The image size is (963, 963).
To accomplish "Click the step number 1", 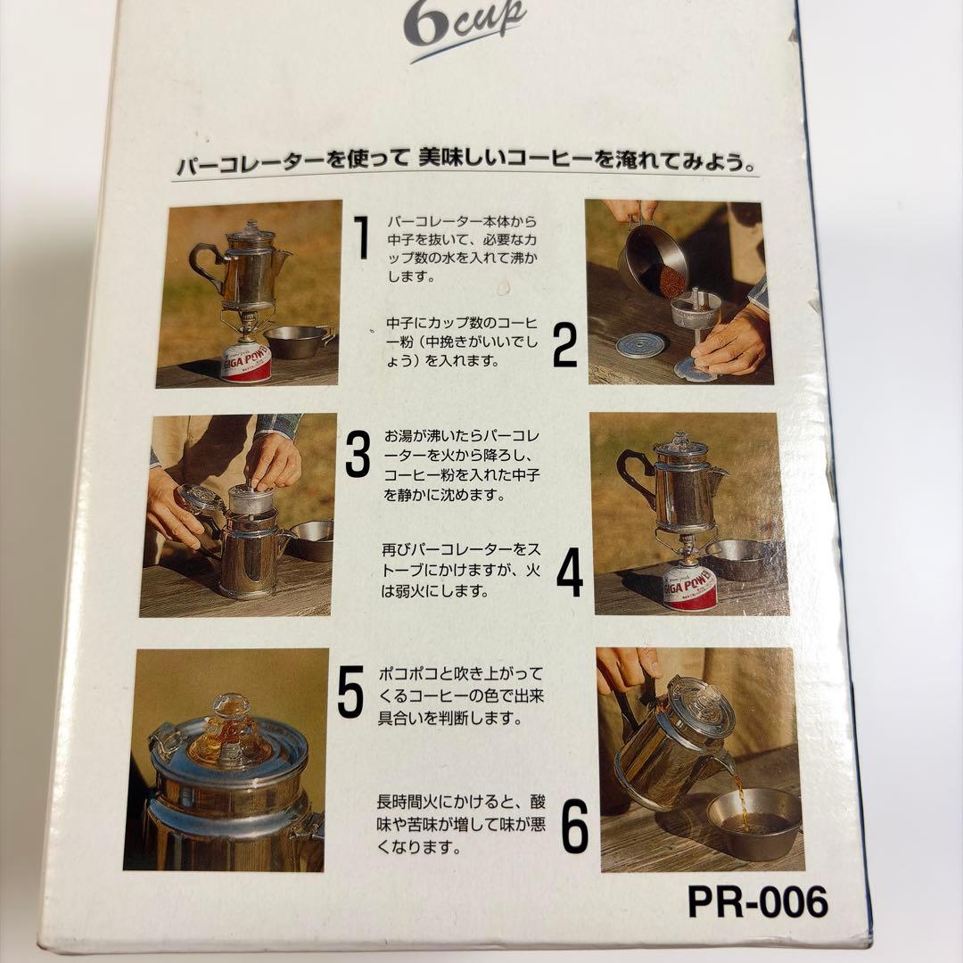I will coord(360,237).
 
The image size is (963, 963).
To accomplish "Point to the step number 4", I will coord(570,572).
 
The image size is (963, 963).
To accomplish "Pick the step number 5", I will coord(350,693).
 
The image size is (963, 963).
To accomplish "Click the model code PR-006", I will coord(757,902).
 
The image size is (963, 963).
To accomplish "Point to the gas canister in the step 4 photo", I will coord(689,586).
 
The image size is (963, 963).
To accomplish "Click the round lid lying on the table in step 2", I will coord(640,345).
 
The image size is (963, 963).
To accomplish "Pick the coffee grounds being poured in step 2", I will coord(671,280).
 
